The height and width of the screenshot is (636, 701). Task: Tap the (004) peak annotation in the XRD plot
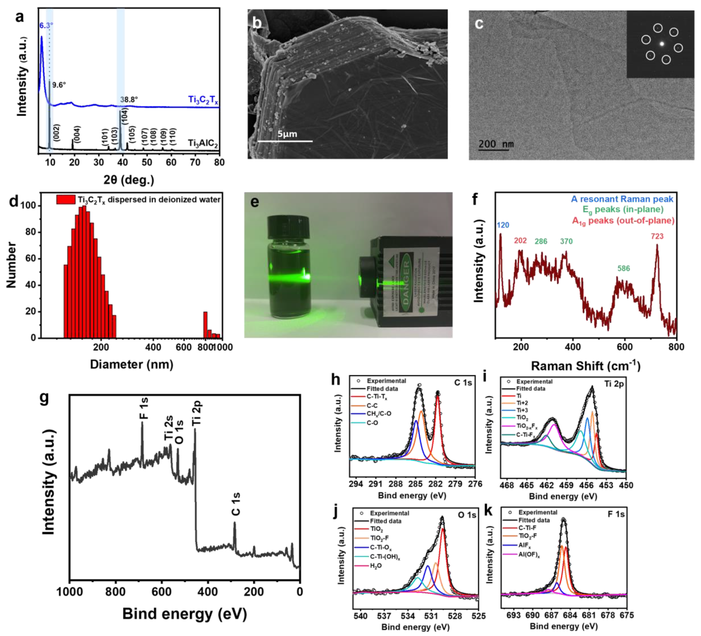[77, 134]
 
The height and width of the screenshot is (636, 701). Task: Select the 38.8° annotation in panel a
[129, 100]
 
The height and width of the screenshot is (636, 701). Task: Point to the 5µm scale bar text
[287, 134]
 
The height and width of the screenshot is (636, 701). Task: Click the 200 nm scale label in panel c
[496, 144]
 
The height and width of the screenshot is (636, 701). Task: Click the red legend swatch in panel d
[66, 199]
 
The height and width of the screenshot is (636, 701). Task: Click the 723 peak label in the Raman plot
[657, 236]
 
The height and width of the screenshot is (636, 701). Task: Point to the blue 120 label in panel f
[503, 225]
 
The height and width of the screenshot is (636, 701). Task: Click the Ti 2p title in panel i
[614, 384]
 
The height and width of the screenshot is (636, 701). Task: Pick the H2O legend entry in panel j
[376, 566]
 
